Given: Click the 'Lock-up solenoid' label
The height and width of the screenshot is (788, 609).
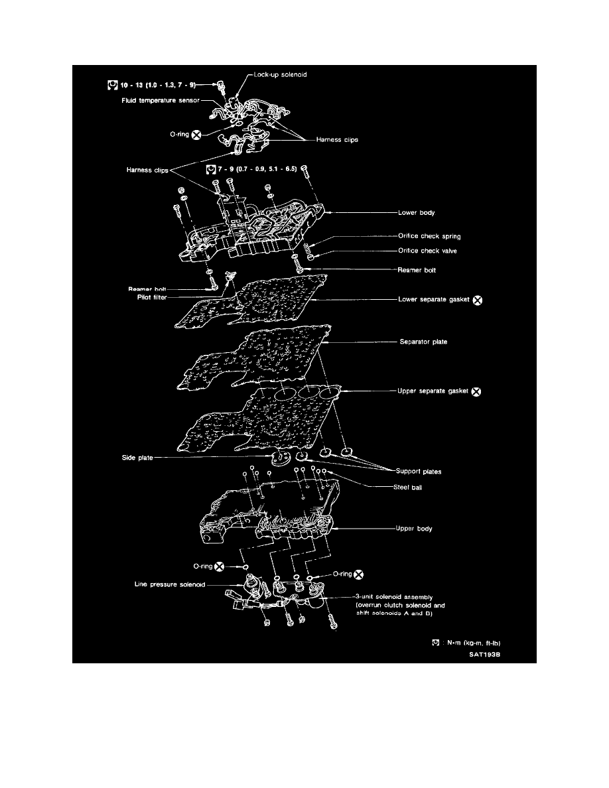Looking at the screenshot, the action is (x=280, y=74).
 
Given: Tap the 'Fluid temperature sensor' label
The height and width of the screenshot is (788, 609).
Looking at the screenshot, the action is (x=161, y=101).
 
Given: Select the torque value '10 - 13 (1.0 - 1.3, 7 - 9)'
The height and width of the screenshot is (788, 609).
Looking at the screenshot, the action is (x=158, y=86).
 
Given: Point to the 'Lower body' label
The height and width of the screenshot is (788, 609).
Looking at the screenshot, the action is (x=417, y=212).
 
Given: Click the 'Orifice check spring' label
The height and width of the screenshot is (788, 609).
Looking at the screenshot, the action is (x=430, y=236).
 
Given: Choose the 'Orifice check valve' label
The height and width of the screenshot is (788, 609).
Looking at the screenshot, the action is (x=428, y=251).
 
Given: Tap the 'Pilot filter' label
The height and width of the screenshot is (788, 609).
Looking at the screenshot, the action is (x=152, y=298).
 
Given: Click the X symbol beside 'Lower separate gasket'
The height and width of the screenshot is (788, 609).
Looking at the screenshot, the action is (x=478, y=300).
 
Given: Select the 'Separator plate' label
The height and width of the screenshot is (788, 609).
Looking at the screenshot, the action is (x=424, y=342).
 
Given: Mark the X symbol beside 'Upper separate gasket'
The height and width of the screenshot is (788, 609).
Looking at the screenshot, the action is (x=476, y=391).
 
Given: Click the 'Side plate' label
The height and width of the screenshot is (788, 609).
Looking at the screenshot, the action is (x=137, y=458).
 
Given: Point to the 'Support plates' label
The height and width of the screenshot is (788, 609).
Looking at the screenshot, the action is (x=419, y=472).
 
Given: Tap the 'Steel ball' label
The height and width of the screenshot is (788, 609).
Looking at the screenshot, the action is (x=407, y=488).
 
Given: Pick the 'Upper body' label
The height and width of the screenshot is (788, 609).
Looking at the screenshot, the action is (x=414, y=529).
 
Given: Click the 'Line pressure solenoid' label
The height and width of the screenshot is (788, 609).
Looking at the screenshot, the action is (x=170, y=584).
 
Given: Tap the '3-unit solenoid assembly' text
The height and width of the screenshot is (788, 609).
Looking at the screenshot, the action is (x=395, y=598).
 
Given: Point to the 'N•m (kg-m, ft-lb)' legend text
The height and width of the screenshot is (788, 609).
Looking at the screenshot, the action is (x=474, y=643).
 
